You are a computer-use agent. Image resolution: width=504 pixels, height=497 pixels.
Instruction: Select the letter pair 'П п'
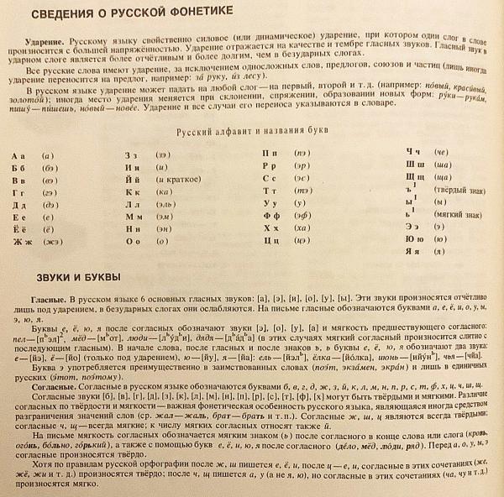point(271,154)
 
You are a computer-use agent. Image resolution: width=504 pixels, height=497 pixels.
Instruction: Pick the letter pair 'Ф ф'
point(271,213)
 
